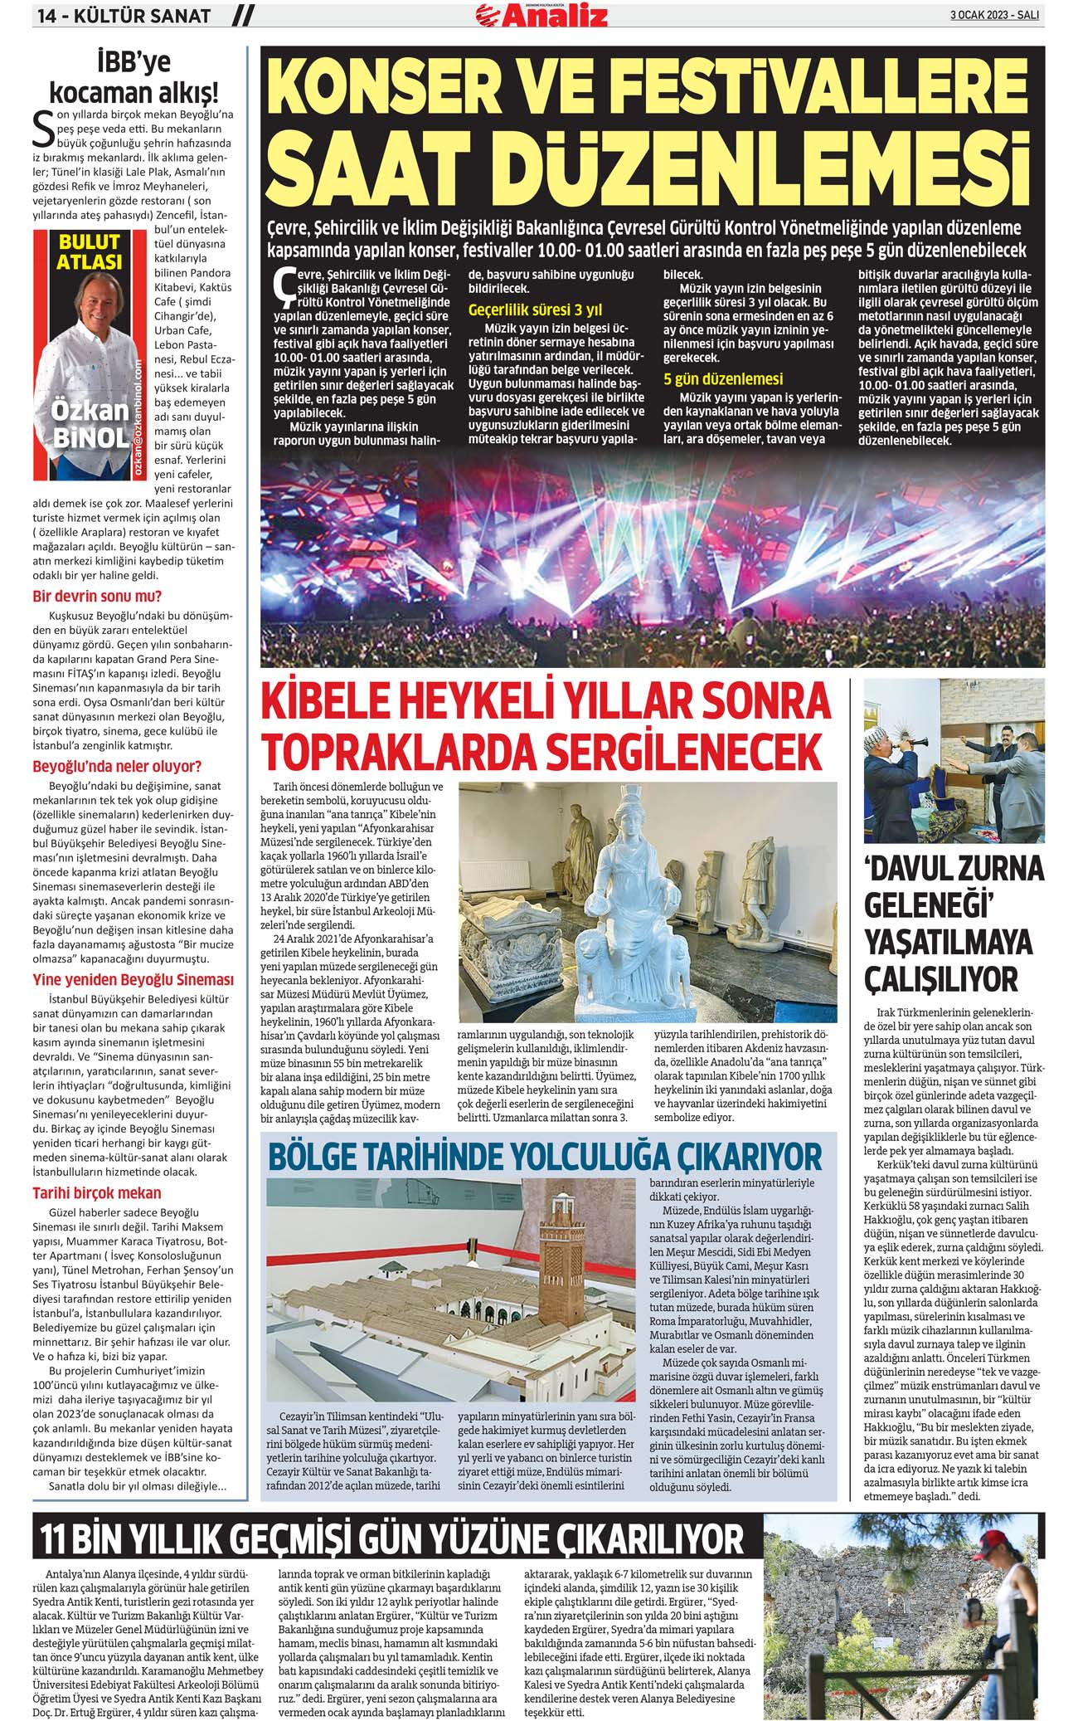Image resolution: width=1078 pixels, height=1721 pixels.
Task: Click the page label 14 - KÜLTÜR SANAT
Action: point(121,16)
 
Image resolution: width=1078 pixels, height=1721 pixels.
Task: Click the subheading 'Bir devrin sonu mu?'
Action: point(97,596)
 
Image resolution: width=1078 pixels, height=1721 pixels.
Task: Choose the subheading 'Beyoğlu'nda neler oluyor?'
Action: point(117,766)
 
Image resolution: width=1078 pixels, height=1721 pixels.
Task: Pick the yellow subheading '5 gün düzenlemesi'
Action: point(723,379)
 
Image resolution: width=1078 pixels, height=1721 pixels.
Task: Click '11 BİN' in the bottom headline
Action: point(83,1537)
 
